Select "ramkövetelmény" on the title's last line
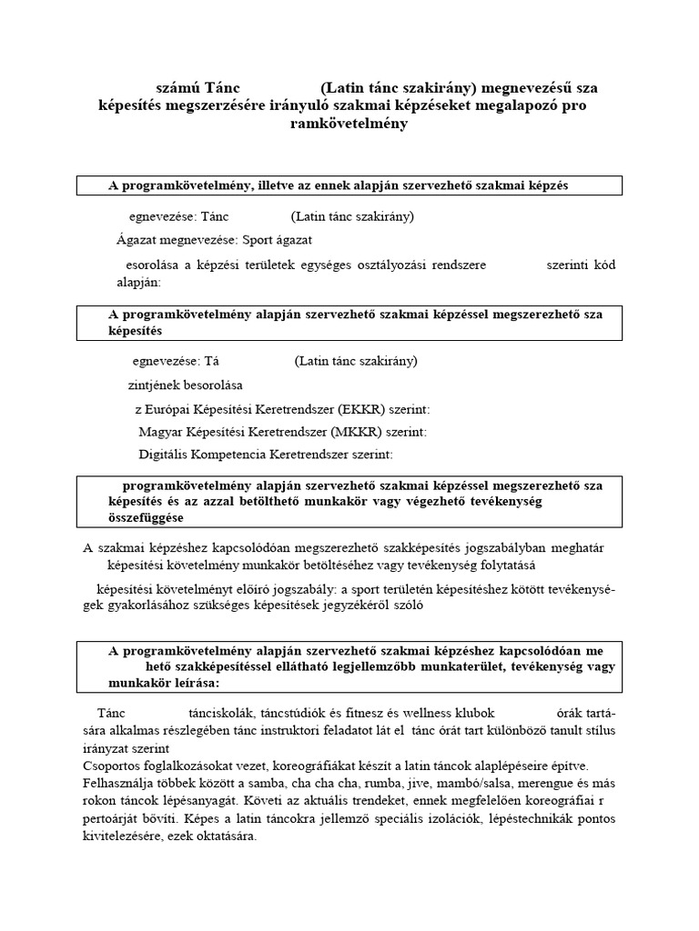click(x=349, y=123)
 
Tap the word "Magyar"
click(x=160, y=432)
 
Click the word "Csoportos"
click(x=112, y=765)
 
